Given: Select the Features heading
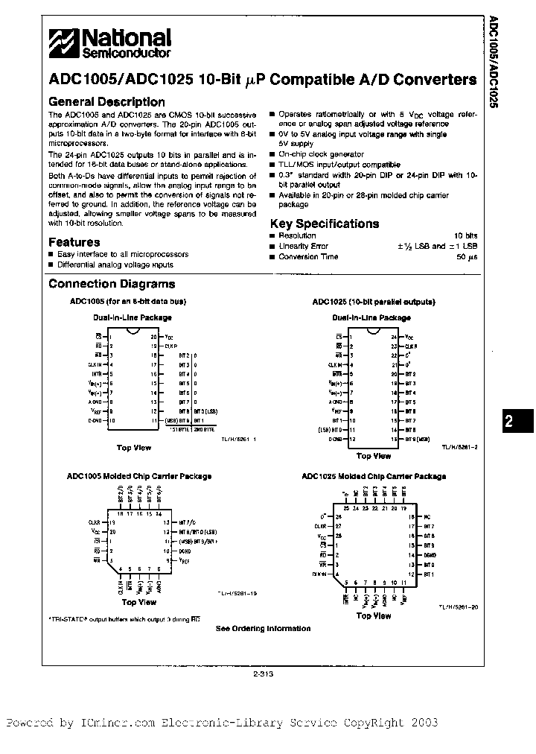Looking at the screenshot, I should (x=74, y=242).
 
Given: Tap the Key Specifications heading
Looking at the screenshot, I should (x=324, y=224).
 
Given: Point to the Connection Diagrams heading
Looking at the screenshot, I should (x=112, y=284).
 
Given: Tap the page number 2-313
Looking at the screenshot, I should (x=264, y=675).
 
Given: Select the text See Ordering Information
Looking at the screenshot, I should (x=263, y=629).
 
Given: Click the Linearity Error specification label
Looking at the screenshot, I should (x=303, y=246).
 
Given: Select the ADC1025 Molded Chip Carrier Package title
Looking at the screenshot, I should (x=374, y=476).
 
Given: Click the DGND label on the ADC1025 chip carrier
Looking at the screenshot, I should (x=430, y=556).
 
